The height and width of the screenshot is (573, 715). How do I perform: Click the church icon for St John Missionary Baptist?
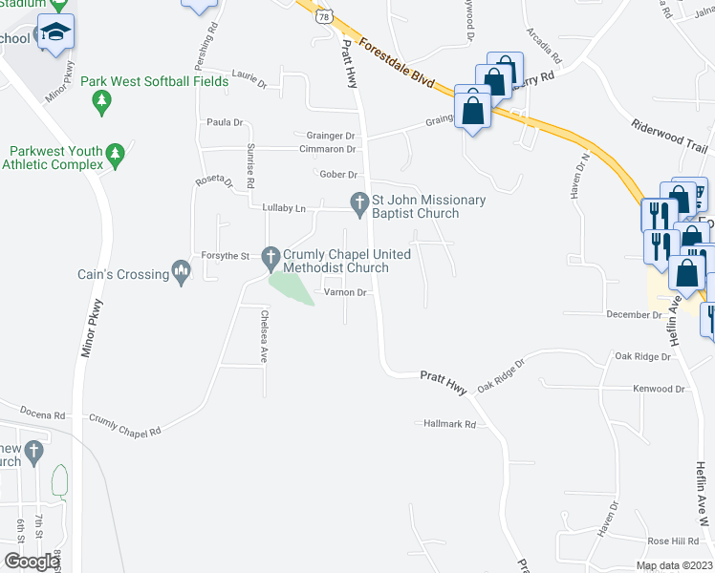(x=359, y=201)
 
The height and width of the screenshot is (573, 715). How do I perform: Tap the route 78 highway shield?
(x=326, y=16)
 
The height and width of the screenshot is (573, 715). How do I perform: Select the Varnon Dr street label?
(x=346, y=292)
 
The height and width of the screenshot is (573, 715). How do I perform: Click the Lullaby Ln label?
(x=283, y=208)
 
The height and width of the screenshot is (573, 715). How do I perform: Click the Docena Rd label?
(x=46, y=415)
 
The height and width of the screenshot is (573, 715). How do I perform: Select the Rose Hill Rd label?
(x=673, y=541)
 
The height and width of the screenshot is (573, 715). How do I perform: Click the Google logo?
(x=32, y=561)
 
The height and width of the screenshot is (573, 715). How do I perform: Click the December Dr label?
(x=634, y=314)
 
